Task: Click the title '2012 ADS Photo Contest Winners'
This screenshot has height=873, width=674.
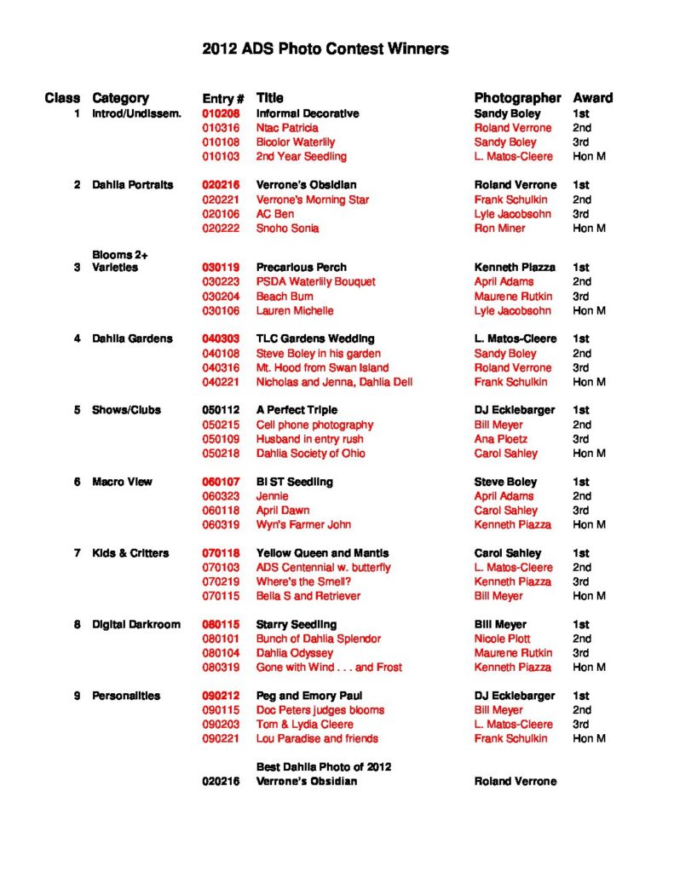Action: coord(325,49)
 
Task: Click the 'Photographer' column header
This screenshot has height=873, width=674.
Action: coord(517,98)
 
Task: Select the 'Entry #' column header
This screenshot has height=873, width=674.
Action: coord(223,98)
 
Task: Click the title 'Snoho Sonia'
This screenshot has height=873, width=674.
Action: coord(287,228)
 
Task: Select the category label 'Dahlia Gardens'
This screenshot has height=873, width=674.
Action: coord(132,338)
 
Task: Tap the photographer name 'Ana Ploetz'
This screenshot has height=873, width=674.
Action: coord(501,439)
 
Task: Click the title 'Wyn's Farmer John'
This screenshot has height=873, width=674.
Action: coord(303,524)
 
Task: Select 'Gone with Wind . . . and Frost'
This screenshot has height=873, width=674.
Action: coord(329,668)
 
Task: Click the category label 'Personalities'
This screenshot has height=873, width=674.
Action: coord(126,696)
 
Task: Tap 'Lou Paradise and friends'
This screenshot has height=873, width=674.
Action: coord(317,738)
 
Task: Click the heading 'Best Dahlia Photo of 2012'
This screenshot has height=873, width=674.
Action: coord(324,766)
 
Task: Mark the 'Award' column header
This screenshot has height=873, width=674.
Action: coord(592,98)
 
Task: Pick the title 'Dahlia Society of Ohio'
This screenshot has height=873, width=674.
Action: coord(310,454)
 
